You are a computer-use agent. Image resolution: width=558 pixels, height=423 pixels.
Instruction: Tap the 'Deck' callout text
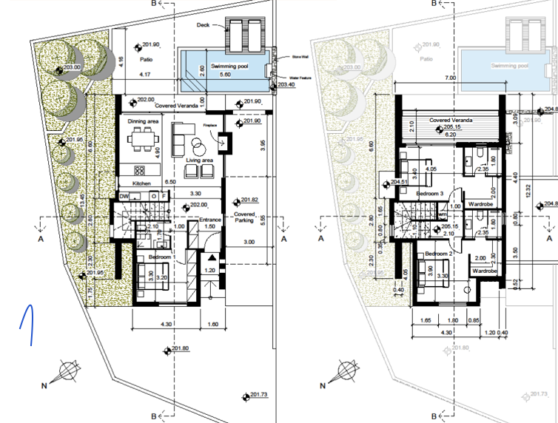coord(204,25)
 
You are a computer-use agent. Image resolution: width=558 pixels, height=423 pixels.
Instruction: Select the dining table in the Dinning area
coord(141,138)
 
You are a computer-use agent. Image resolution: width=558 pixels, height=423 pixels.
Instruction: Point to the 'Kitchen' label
coord(141,183)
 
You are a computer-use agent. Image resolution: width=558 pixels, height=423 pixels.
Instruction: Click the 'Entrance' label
coord(212,220)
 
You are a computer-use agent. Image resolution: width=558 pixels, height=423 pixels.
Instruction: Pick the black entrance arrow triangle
coord(213,257)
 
